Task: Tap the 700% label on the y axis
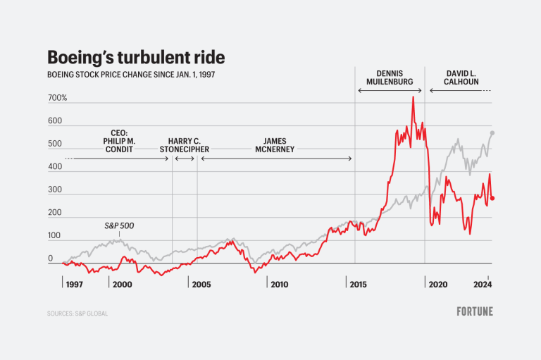(x=57, y=98)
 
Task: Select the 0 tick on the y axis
(x=51, y=259)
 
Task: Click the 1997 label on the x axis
(x=74, y=285)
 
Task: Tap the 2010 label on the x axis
(x=278, y=285)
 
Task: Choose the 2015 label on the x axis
(x=357, y=285)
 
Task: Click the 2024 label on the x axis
(x=481, y=285)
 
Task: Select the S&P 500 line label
(x=118, y=226)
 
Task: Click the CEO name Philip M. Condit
(x=119, y=140)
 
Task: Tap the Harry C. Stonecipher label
(x=184, y=145)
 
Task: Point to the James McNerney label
(x=275, y=145)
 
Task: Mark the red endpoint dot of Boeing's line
(x=492, y=198)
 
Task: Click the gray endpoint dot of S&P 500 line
(x=492, y=132)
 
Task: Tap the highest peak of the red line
(x=413, y=97)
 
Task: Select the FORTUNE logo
(x=475, y=311)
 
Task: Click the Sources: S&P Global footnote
(x=77, y=313)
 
